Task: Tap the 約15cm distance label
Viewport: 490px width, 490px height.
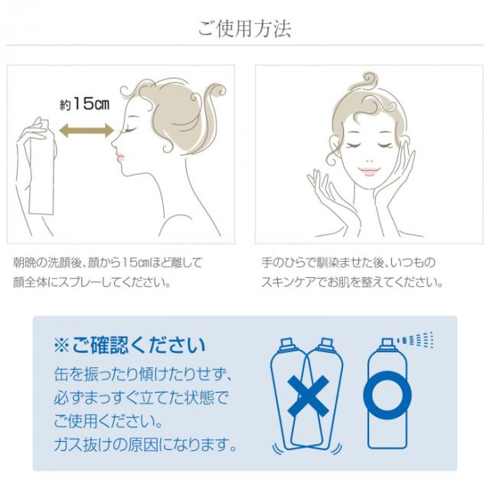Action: point(83,105)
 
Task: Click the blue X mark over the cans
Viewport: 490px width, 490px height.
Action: point(307,396)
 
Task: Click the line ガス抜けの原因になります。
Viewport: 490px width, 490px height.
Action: point(144,445)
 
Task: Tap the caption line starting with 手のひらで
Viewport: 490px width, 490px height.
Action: point(348,263)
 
